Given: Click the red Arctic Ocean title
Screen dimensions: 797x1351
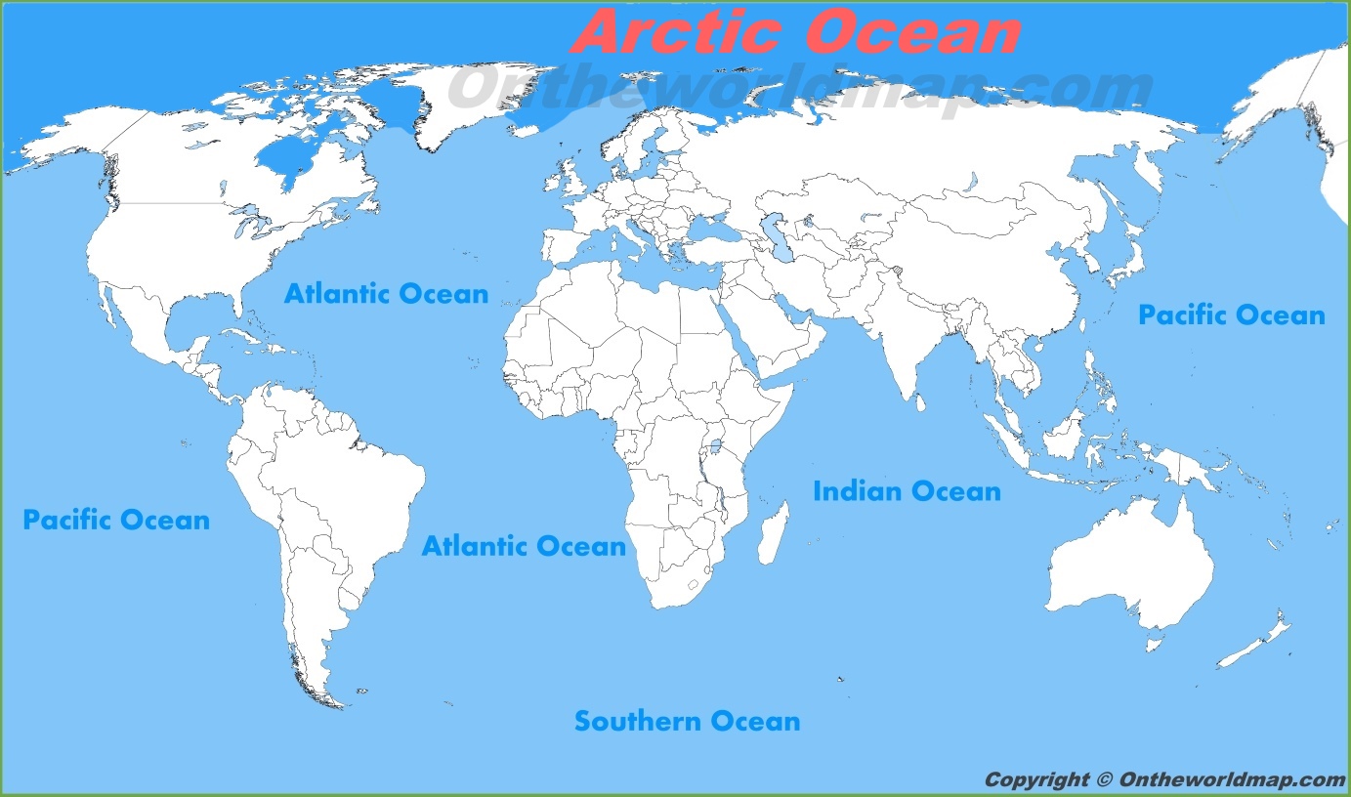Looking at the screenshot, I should [796, 32].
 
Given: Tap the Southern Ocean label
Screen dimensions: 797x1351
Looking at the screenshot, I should [687, 722].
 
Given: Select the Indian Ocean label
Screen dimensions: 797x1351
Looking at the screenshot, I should [907, 490].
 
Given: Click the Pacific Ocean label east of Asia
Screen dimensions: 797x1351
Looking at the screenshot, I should [1231, 315].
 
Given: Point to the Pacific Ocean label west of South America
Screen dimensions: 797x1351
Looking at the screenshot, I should [116, 520].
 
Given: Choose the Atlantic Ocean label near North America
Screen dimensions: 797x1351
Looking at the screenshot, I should [386, 293].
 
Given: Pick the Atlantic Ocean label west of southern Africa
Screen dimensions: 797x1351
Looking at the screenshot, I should [524, 546].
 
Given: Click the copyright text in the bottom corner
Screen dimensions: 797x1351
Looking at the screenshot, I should [1163, 779].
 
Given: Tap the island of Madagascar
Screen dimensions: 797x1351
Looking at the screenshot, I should [773, 533].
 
